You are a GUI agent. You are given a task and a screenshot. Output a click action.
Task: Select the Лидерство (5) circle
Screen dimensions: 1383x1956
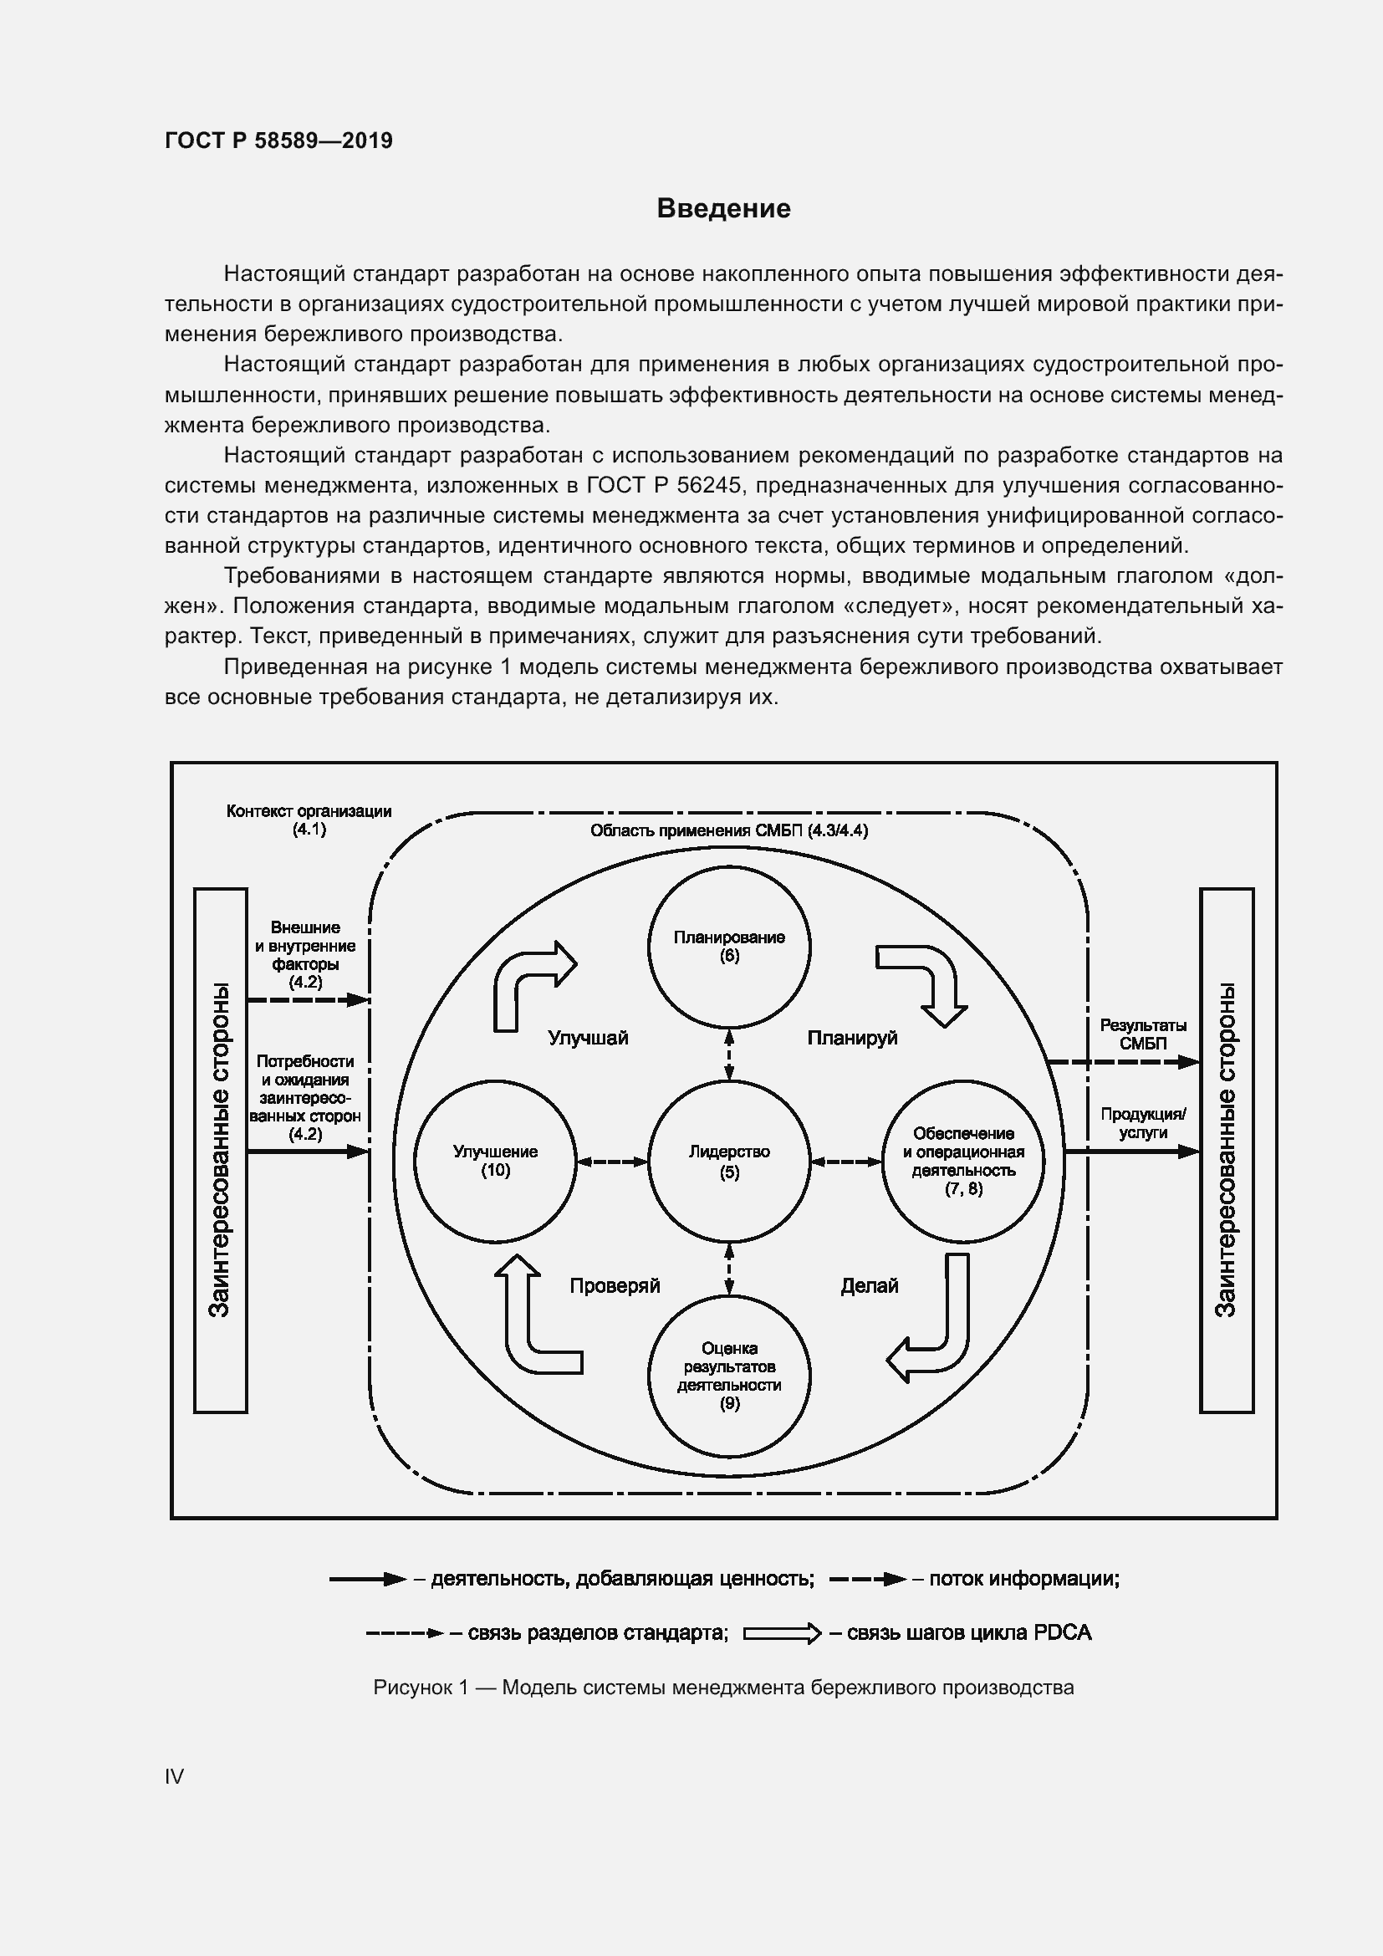(x=729, y=1162)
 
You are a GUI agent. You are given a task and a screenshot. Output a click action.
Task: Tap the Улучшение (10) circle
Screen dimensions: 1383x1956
(x=495, y=1162)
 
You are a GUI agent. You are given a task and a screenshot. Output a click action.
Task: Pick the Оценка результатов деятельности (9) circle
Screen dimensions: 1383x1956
(x=729, y=1375)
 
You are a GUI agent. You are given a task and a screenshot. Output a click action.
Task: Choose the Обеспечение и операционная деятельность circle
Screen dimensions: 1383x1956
(x=963, y=1162)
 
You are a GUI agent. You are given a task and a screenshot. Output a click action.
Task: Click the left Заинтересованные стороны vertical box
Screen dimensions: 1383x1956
(x=221, y=1150)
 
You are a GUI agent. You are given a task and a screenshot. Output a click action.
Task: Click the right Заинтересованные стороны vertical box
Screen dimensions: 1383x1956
(x=1227, y=1150)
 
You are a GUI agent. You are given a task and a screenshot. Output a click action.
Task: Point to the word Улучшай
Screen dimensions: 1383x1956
(x=588, y=1038)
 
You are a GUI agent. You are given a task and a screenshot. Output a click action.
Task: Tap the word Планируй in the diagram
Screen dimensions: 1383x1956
(x=851, y=1038)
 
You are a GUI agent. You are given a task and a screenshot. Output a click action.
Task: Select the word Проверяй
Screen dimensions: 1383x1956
(x=615, y=1285)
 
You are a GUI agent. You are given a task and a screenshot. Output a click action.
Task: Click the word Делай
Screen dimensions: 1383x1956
(x=870, y=1285)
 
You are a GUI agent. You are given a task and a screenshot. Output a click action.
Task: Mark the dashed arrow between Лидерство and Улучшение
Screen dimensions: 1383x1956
(x=612, y=1162)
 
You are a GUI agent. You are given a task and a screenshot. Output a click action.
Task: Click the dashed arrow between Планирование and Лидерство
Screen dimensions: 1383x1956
(x=729, y=1055)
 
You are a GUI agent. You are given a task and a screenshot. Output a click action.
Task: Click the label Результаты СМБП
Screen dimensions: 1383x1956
(x=1143, y=1034)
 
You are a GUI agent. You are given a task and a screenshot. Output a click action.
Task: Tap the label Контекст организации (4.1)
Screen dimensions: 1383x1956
(x=309, y=820)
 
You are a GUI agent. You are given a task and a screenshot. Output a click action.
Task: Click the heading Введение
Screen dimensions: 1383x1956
(x=723, y=208)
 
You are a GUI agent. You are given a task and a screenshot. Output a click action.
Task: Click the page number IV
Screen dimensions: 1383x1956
(x=175, y=1776)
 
